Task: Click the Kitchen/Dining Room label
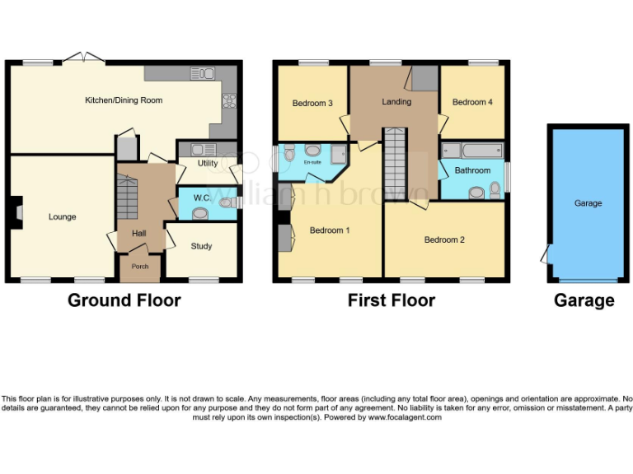[x=124, y=100]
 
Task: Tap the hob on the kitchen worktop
[x=227, y=102]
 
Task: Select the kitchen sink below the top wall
[x=202, y=73]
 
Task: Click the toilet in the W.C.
[x=199, y=212]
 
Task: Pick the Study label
[x=201, y=246]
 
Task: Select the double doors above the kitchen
[x=84, y=57]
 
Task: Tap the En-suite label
[x=312, y=163]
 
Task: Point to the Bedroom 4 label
[x=472, y=102]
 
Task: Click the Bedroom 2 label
[x=444, y=240]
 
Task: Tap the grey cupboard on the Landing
[x=425, y=78]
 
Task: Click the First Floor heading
[x=391, y=300]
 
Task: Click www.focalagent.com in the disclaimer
[x=405, y=417]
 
